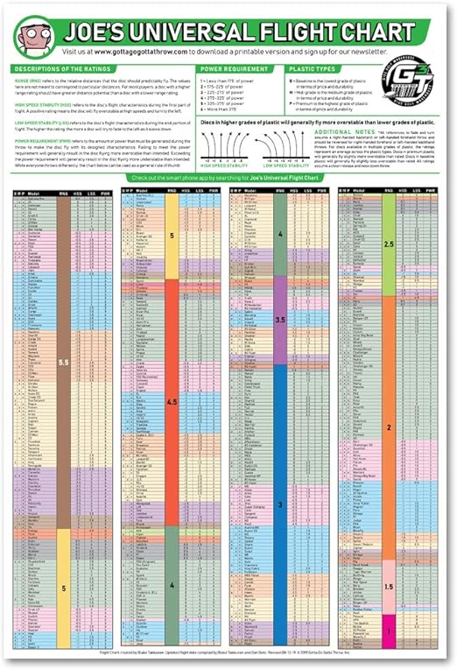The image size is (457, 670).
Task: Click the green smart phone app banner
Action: pyautogui.click(x=228, y=178)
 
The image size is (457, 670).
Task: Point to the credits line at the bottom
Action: pyautogui.click(x=228, y=652)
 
